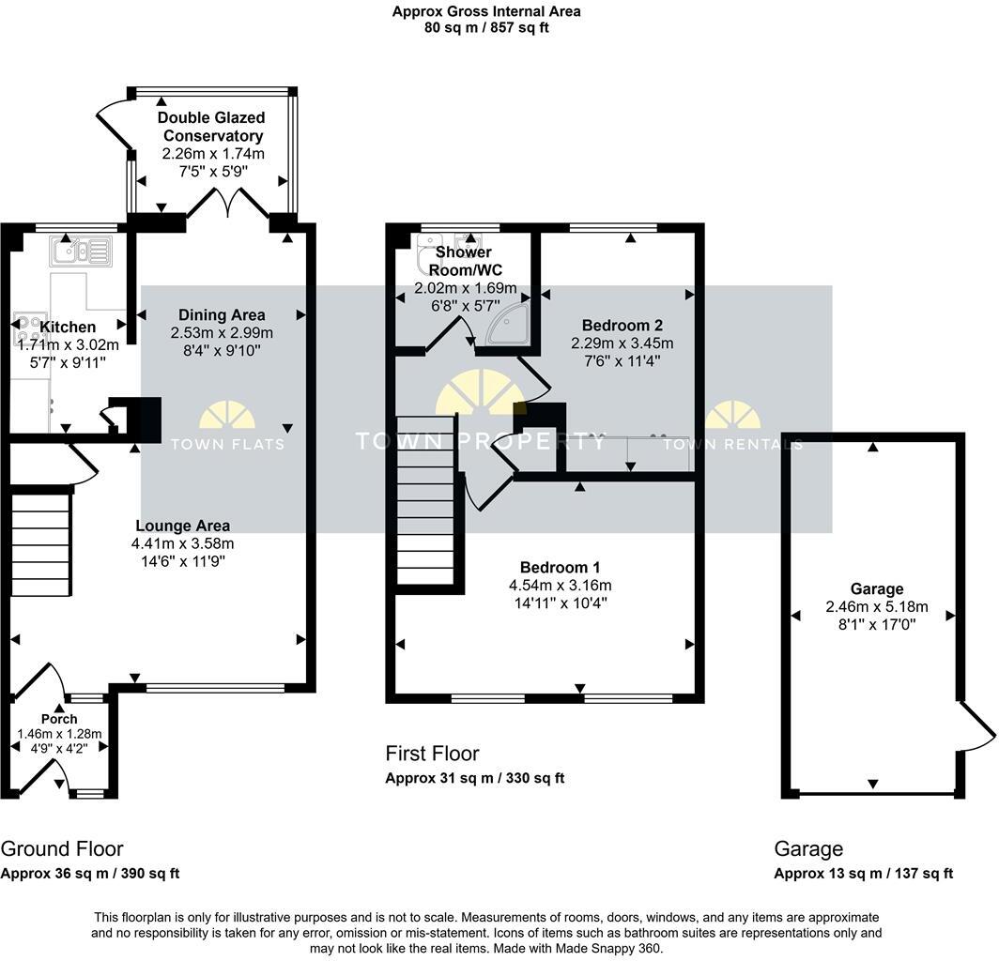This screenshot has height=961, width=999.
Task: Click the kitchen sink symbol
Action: click(81, 251)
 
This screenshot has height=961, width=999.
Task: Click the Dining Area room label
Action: click(222, 314)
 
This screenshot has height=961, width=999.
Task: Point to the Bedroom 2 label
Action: click(622, 326)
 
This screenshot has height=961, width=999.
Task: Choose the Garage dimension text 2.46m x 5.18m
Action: click(877, 607)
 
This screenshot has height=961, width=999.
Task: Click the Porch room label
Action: click(59, 719)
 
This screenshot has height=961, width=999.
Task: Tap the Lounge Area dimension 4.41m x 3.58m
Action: click(183, 544)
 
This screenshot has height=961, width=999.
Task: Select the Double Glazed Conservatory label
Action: click(211, 127)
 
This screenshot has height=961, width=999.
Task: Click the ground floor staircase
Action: click(40, 540)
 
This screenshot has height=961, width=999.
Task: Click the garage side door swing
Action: click(976, 726)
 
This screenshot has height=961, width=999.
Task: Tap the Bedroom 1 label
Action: click(560, 568)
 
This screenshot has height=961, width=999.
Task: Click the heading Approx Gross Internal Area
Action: click(486, 11)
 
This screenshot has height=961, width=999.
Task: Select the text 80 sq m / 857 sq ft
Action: click(486, 28)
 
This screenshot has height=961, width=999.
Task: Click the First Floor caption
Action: click(432, 754)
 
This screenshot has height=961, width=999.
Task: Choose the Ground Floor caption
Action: click(62, 849)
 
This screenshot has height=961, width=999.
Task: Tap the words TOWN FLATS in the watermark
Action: click(227, 444)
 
